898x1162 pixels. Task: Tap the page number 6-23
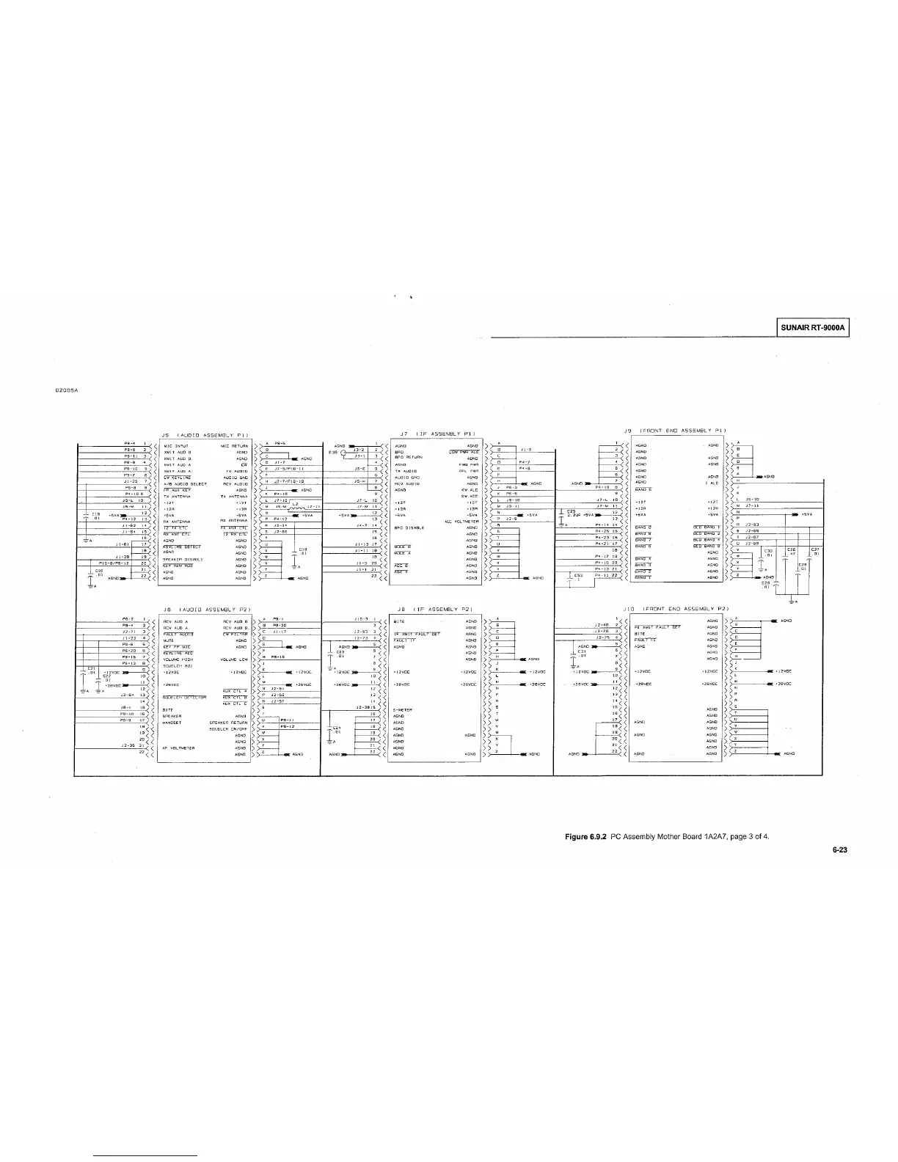(840, 852)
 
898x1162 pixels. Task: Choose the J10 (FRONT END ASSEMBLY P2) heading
(675, 609)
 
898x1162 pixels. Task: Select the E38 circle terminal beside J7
(343, 452)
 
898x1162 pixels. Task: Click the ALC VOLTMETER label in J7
(462, 522)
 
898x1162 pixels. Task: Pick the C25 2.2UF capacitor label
(573, 511)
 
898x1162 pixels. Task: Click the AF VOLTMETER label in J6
(178, 748)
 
